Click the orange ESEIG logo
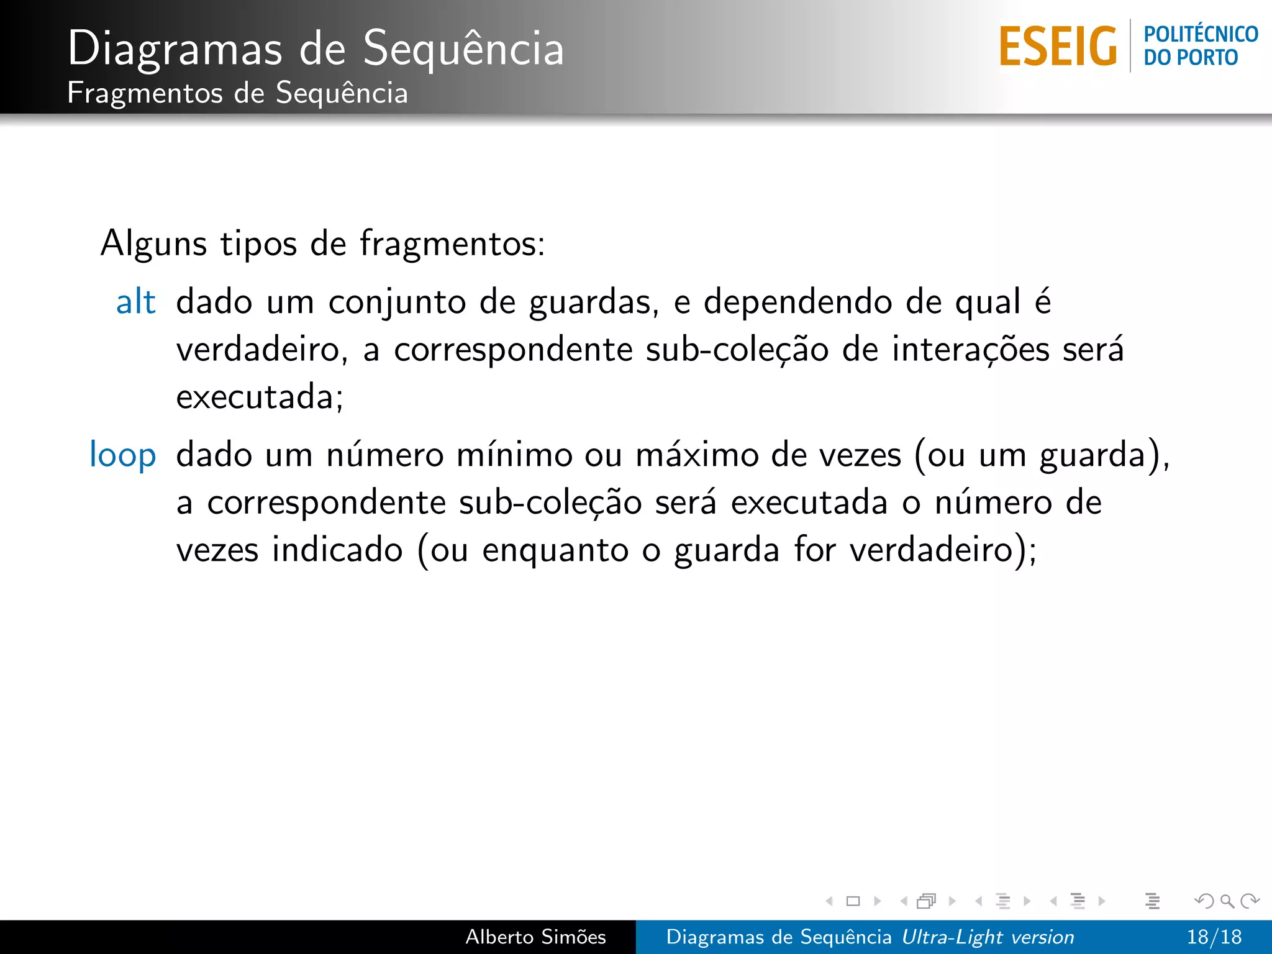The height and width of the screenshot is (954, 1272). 1057,47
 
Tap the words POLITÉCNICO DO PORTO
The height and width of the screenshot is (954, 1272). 1200,46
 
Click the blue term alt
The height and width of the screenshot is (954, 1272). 135,302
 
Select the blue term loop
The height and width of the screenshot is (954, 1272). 122,455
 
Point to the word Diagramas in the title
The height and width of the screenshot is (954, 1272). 175,48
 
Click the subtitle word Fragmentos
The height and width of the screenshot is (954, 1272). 144,93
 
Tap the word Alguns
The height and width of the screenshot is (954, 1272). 153,243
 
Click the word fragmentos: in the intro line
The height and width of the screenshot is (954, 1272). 452,243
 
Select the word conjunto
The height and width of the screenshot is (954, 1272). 396,304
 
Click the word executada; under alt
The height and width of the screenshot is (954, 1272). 260,397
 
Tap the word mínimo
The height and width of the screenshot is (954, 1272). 514,455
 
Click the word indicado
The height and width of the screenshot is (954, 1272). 337,550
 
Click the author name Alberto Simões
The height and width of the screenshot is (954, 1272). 535,937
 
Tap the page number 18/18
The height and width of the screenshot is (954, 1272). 1214,937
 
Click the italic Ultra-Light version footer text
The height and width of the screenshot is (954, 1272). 988,937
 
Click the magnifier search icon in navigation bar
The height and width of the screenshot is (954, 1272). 1227,901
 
